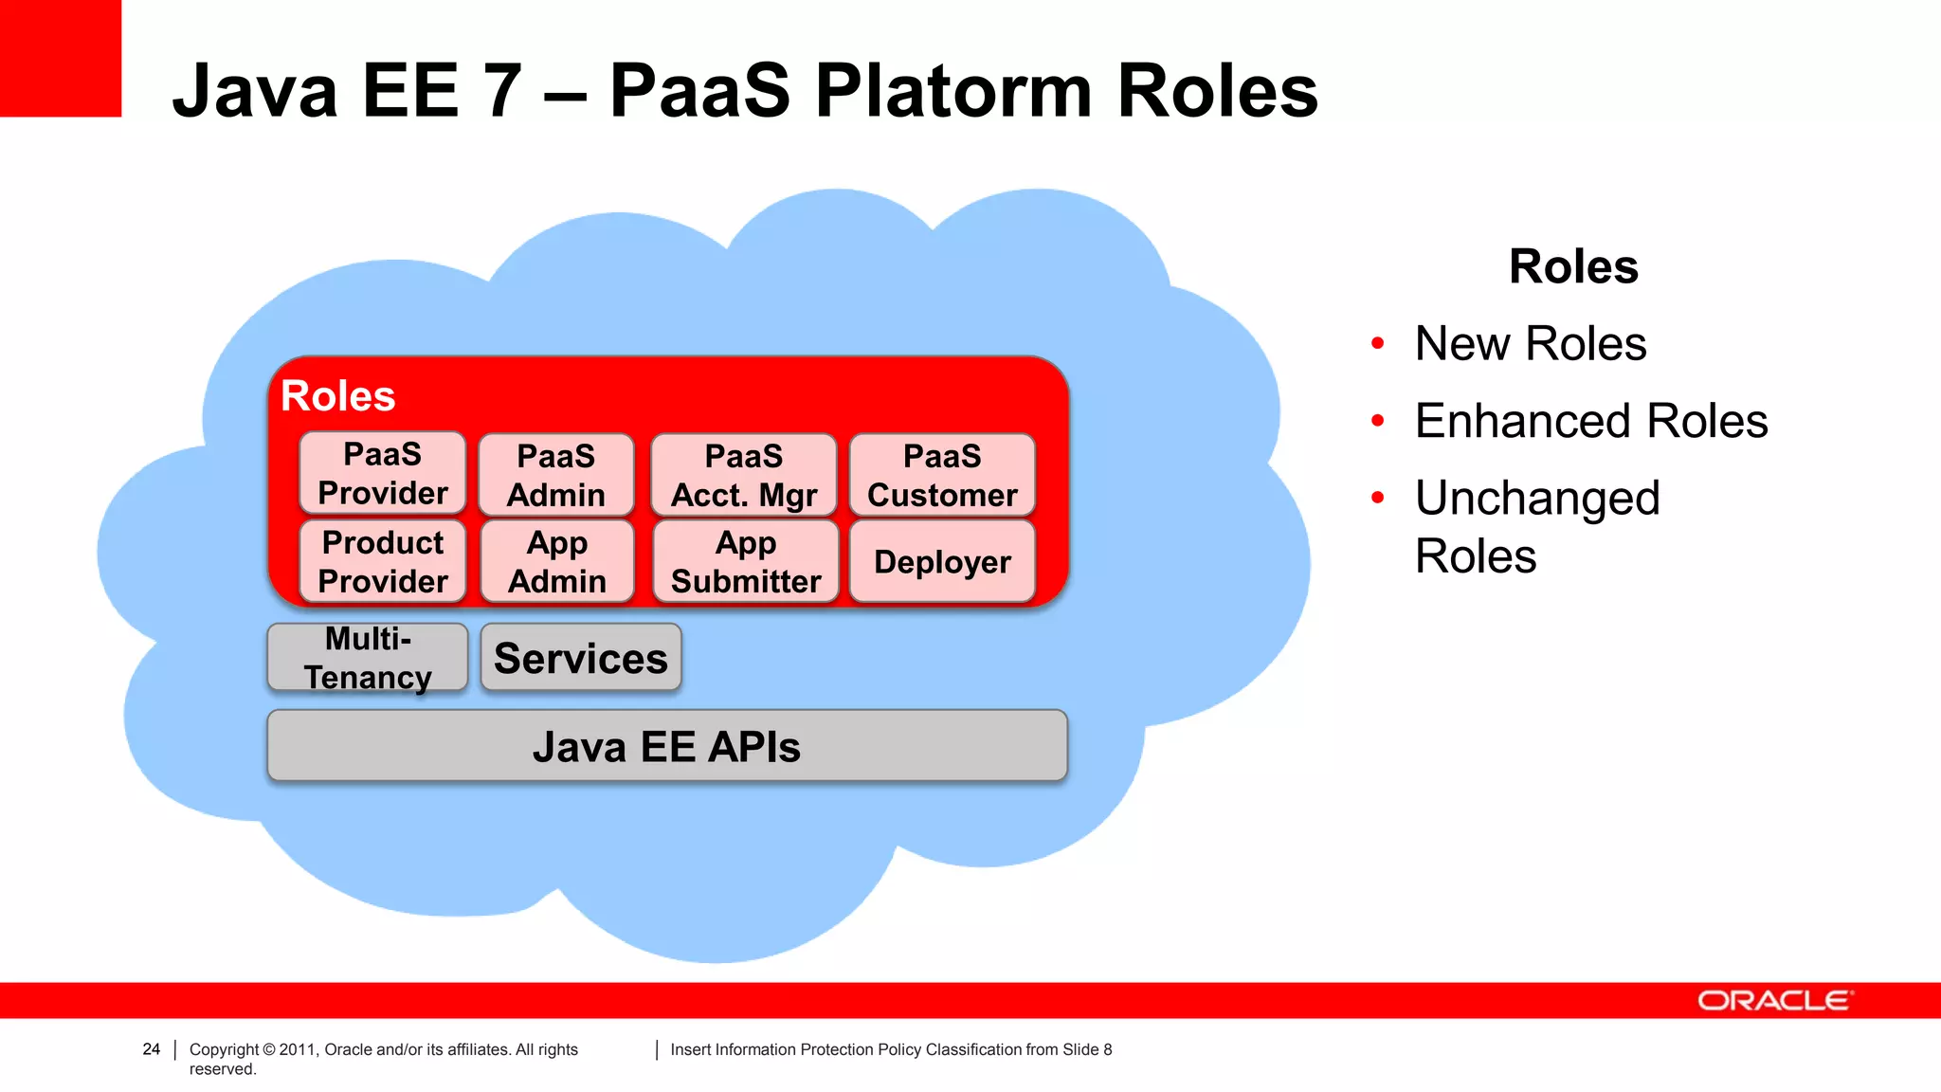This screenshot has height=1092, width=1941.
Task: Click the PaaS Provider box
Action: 383,473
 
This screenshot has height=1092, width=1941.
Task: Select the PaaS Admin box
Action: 556,475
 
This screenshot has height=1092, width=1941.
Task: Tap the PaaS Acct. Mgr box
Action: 744,475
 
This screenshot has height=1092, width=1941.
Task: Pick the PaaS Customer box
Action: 942,475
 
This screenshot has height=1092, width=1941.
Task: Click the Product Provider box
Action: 383,561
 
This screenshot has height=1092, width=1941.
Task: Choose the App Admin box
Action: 557,561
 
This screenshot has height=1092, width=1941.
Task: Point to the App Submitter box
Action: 746,561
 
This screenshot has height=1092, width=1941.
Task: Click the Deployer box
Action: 942,561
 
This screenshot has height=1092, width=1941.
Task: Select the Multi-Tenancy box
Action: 368,657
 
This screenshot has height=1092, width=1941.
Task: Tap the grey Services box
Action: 581,657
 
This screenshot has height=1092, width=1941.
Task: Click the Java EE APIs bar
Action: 667,746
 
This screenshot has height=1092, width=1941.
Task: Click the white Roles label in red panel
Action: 338,395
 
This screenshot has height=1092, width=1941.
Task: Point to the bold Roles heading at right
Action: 1573,266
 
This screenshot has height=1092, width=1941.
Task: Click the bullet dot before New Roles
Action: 1378,342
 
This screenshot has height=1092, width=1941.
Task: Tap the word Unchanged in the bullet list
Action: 1537,498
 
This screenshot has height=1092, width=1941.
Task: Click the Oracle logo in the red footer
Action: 1774,1001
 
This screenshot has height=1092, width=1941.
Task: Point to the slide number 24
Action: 152,1048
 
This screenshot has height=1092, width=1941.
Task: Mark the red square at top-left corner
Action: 60,57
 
